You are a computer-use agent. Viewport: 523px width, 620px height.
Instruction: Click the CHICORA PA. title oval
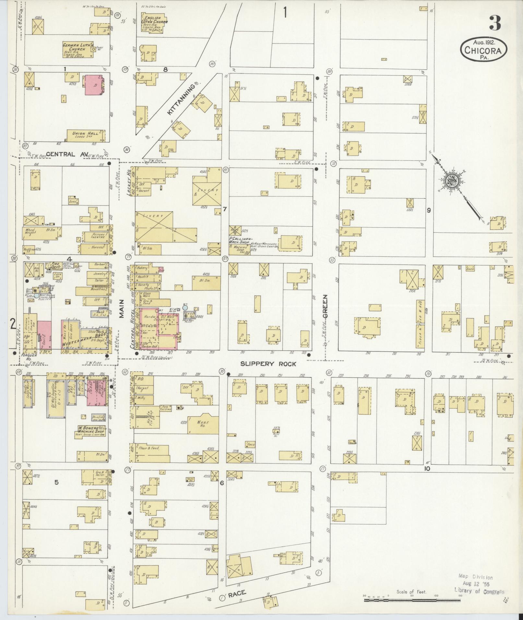pos(483,49)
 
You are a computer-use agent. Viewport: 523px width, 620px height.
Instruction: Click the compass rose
pos(451,181)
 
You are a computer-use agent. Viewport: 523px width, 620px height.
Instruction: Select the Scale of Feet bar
pos(412,600)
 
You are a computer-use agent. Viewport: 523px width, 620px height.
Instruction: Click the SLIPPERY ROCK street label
pos(268,364)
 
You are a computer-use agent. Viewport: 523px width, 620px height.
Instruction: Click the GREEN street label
pos(325,306)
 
